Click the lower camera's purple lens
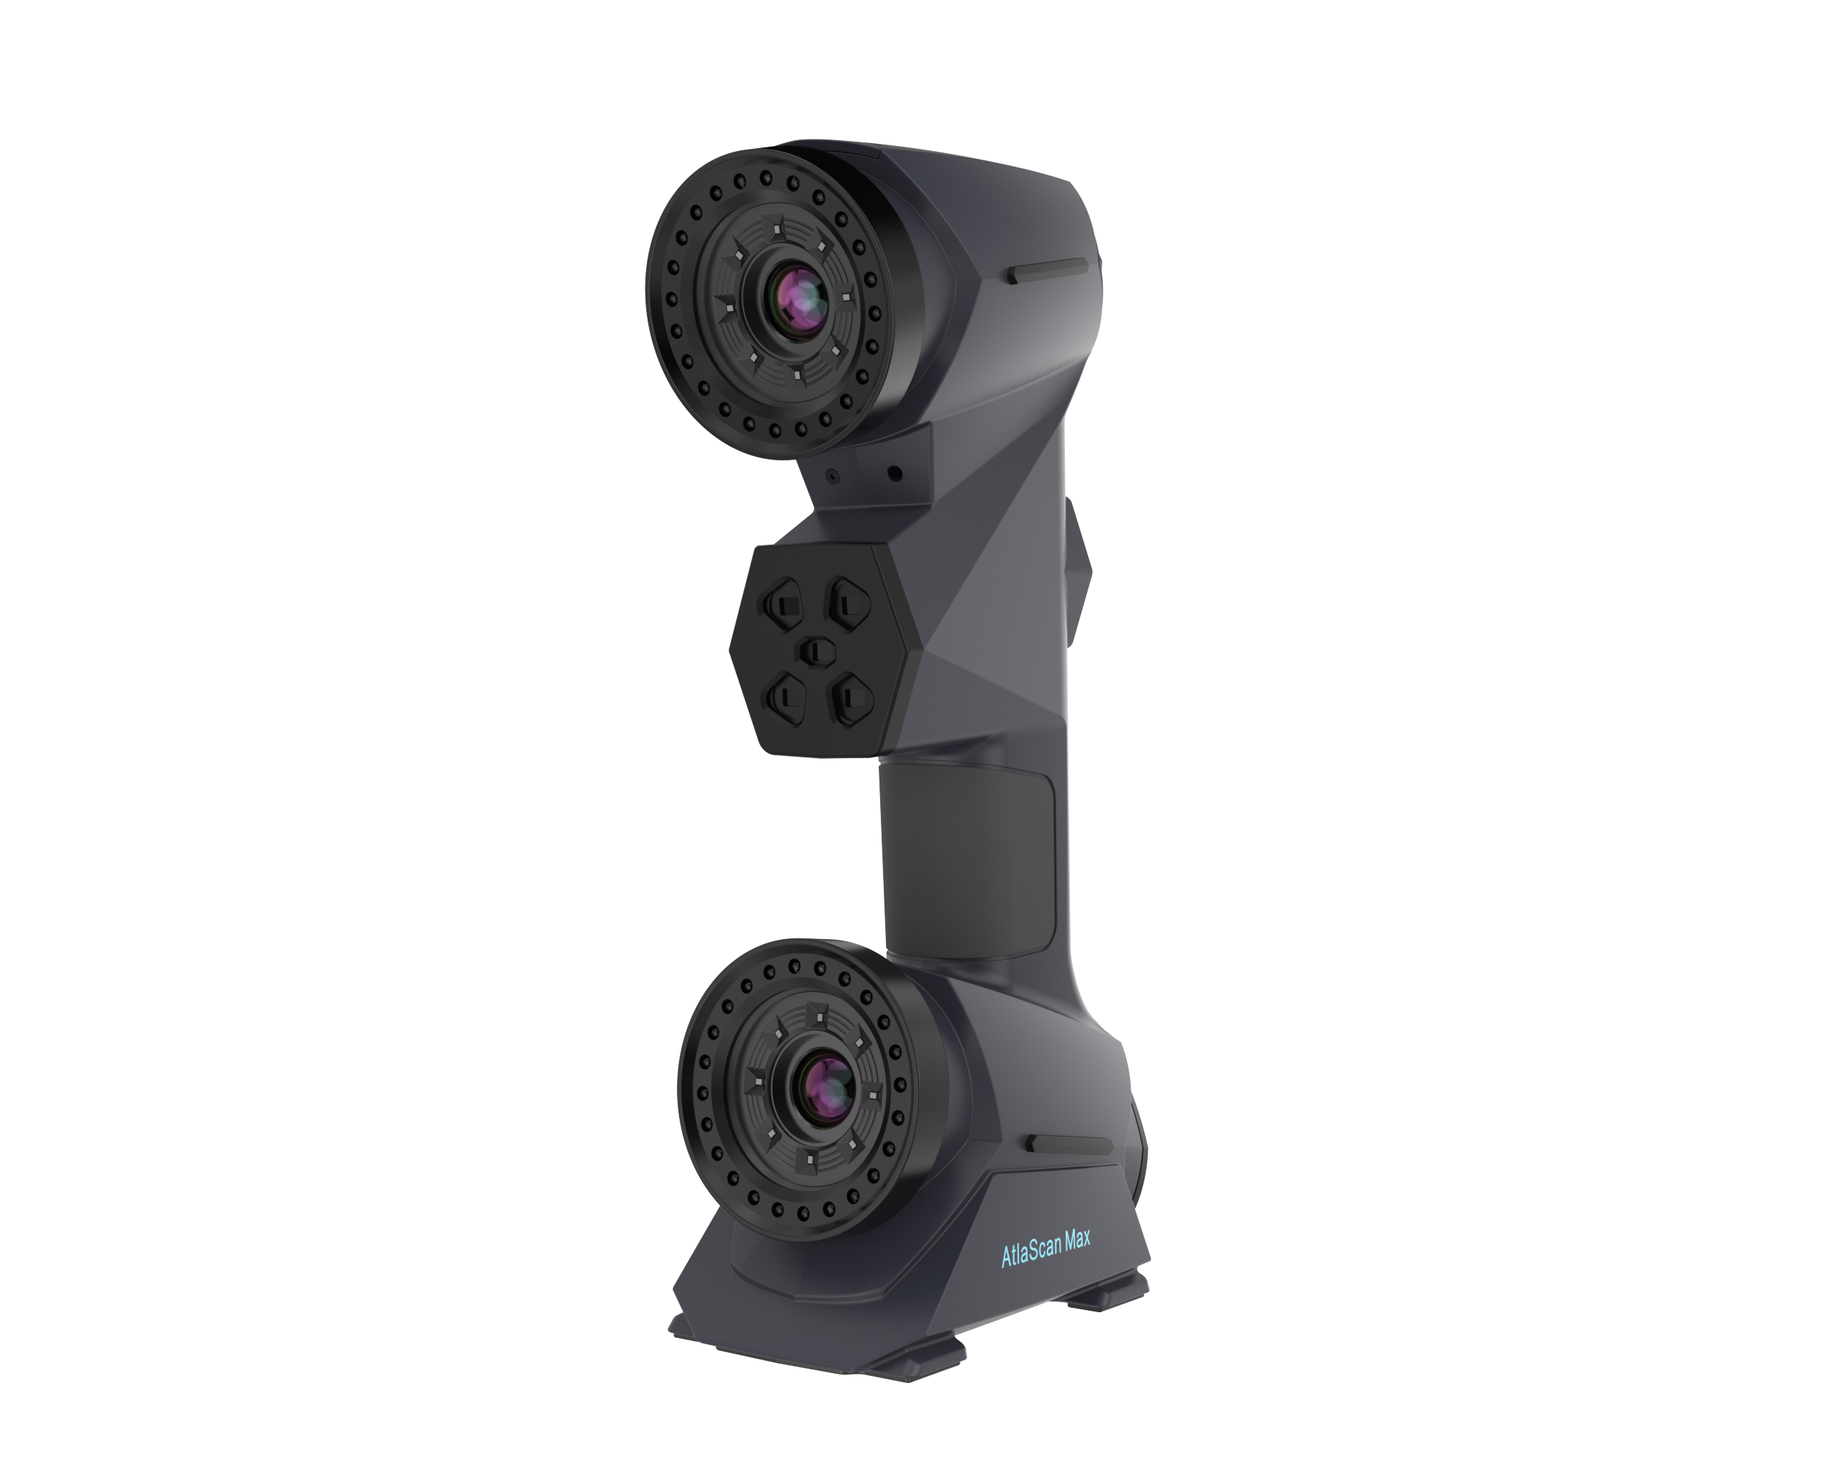pyautogui.click(x=826, y=1088)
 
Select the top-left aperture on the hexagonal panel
pyautogui.click(x=781, y=604)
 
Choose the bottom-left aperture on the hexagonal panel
pyautogui.click(x=784, y=699)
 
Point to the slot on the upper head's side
pyautogui.click(x=1048, y=272)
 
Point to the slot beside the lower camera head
pyautogui.click(x=1069, y=1145)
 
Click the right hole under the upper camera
pyautogui.click(x=894, y=474)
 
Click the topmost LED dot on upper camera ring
pyautogui.click(x=766, y=178)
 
